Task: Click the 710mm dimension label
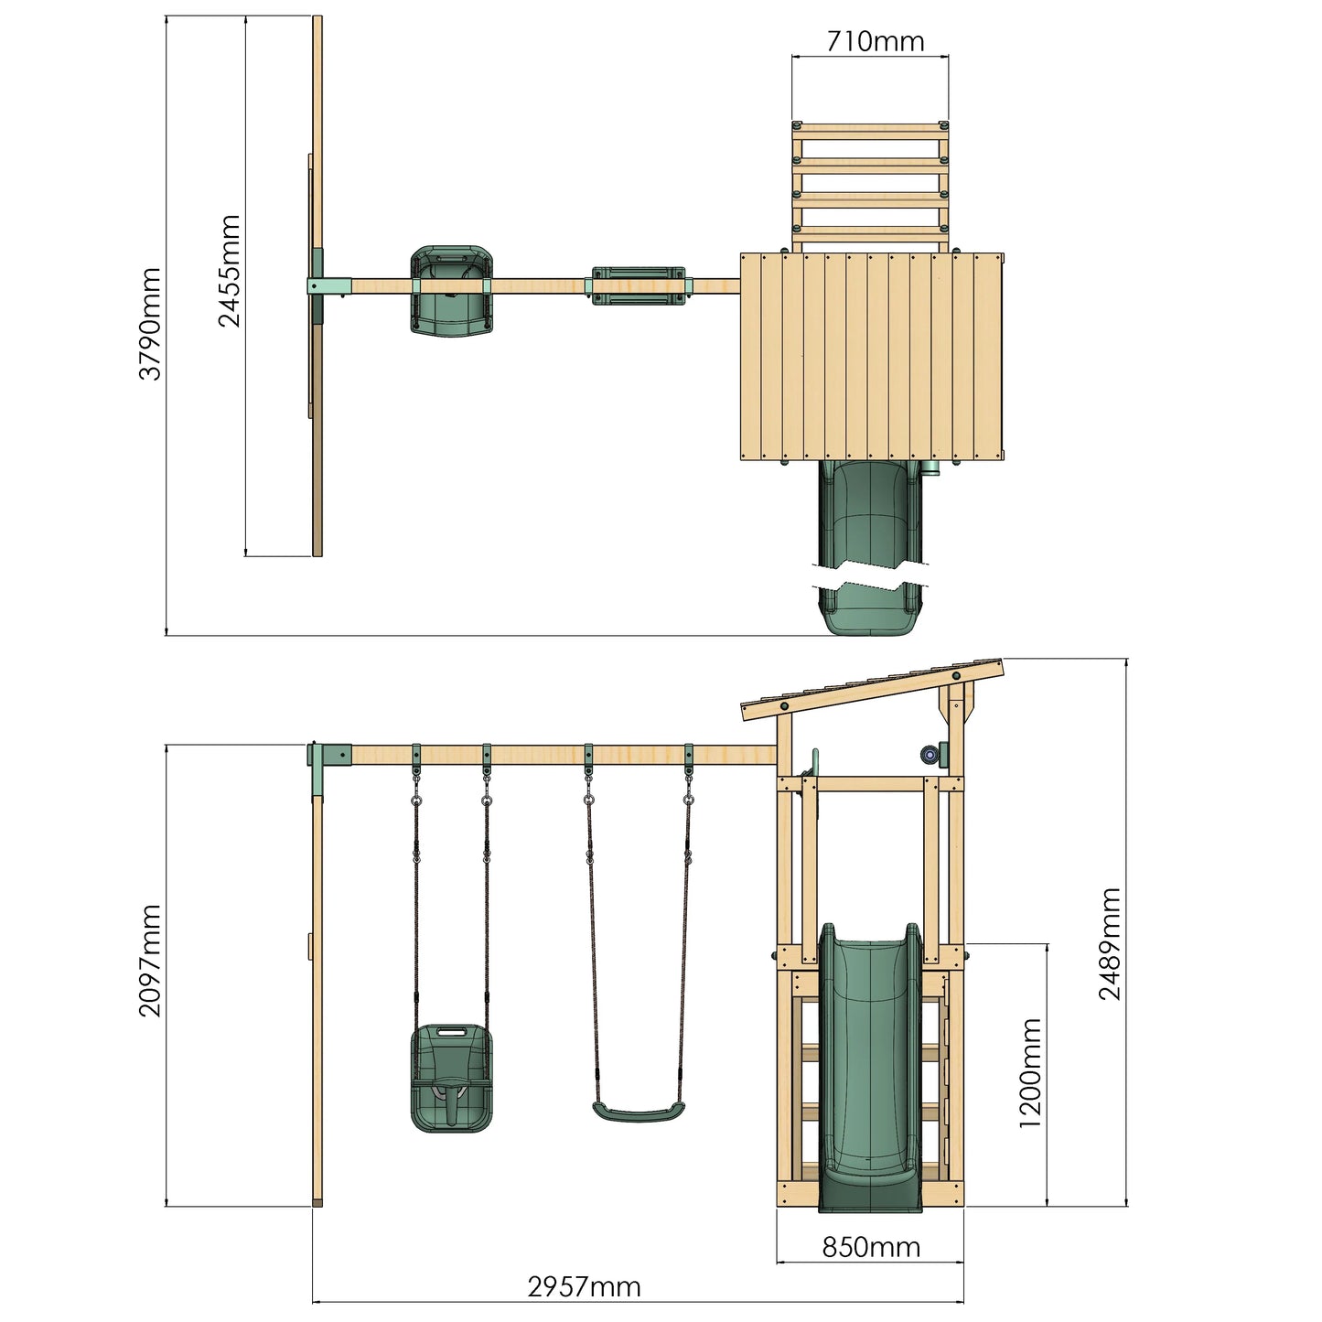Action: (875, 41)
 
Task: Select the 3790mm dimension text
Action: (149, 324)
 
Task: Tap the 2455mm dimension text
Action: (229, 271)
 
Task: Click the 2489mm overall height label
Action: (1110, 944)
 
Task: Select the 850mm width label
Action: (870, 1246)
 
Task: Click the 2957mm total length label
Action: (584, 1287)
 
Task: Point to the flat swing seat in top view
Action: (638, 285)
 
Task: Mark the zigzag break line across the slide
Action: (870, 582)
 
